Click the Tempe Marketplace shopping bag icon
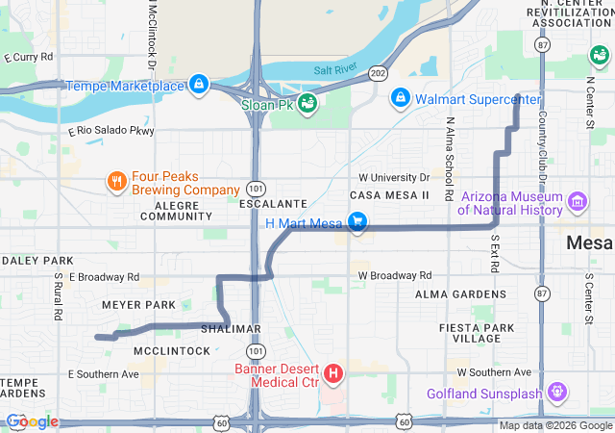pos(199,85)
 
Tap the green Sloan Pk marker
pos(307,103)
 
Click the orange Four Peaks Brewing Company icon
pos(116,182)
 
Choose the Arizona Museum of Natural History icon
pos(577,202)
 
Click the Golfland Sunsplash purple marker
pos(556,393)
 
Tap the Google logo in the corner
pos(31,421)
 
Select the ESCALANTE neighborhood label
pos(273,204)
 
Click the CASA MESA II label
pos(394,195)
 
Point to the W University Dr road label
pos(394,178)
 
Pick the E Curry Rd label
pos(29,58)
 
